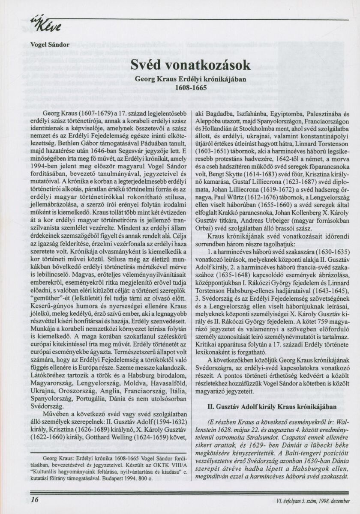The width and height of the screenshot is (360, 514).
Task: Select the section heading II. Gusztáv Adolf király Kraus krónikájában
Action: pos(274,406)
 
